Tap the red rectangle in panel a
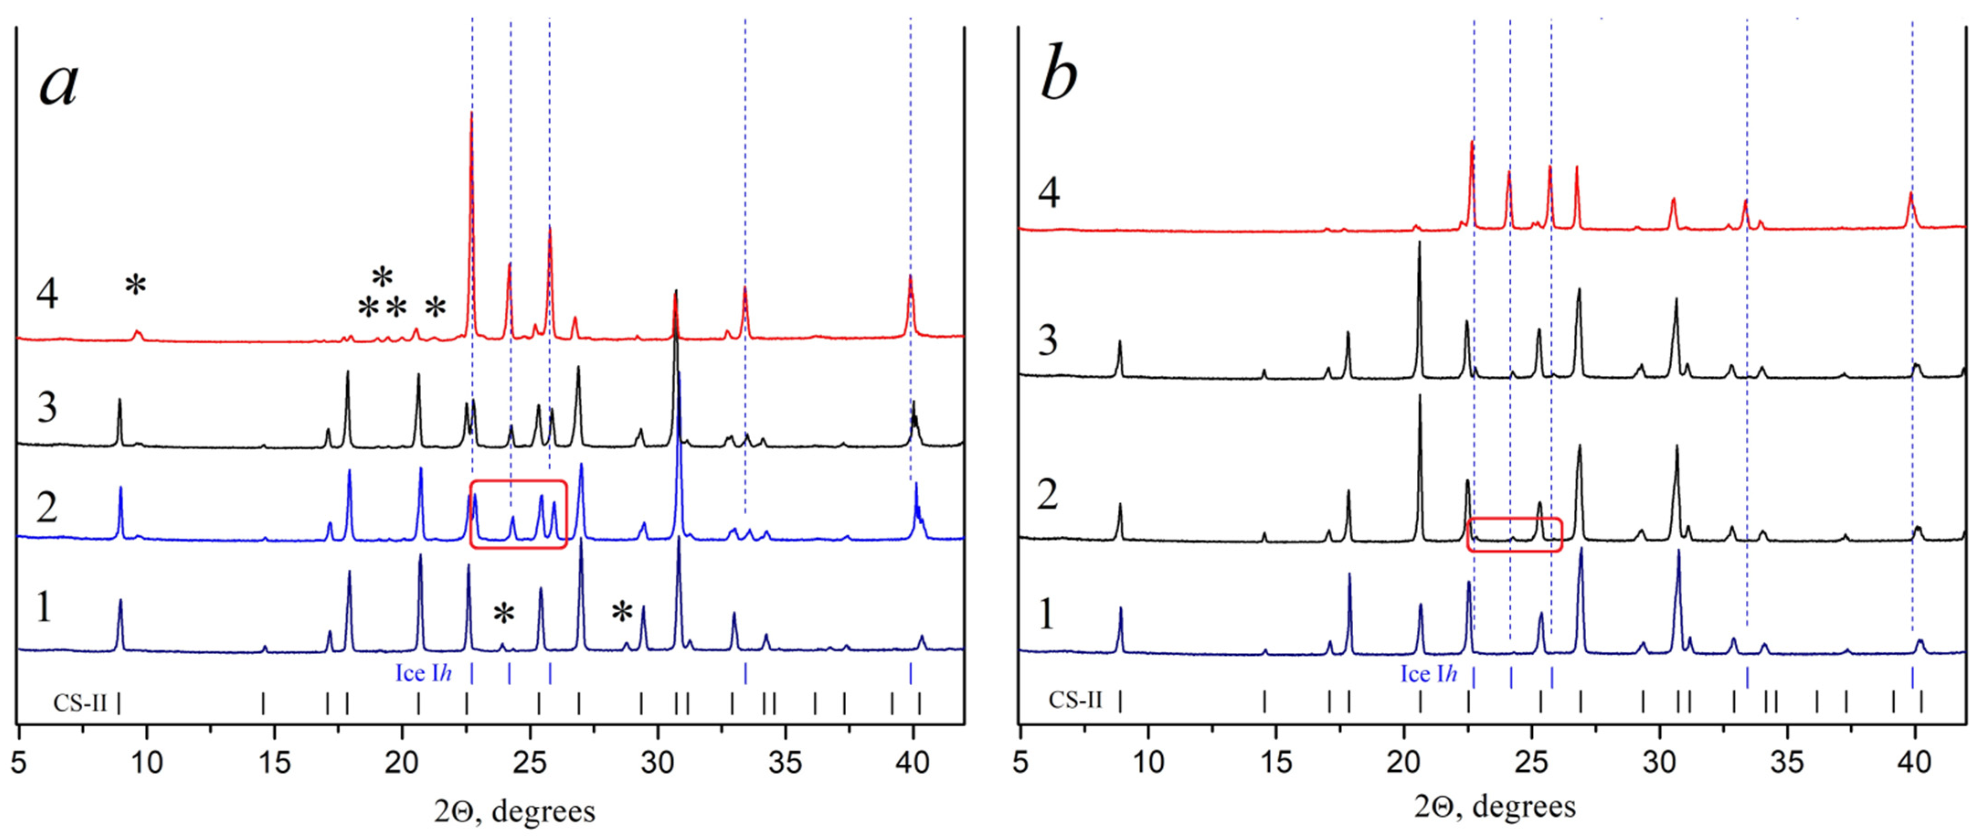[x=518, y=514]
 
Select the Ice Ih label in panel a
[x=423, y=673]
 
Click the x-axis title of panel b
[x=1494, y=806]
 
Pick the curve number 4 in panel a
[x=48, y=294]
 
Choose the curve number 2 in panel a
[x=48, y=508]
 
